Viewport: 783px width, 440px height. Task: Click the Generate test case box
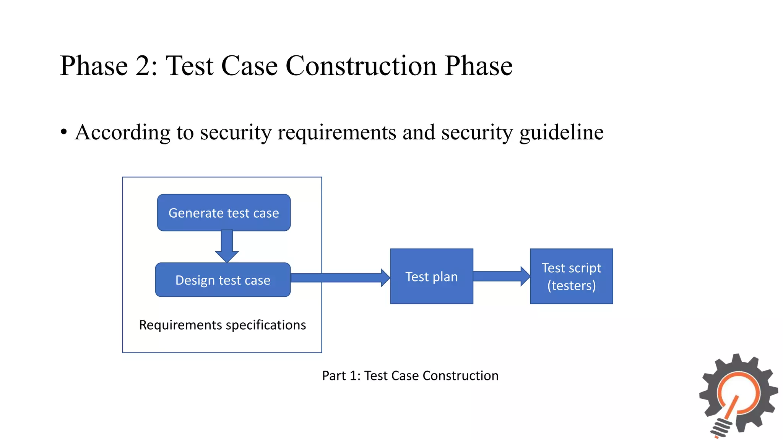(224, 213)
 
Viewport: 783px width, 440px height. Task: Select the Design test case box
(223, 280)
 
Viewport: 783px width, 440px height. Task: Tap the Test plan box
(432, 277)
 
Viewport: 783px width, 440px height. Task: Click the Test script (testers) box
(571, 276)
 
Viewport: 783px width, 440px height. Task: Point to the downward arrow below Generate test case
(227, 246)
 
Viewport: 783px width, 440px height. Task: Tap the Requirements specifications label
(223, 325)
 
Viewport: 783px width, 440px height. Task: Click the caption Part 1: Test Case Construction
(410, 376)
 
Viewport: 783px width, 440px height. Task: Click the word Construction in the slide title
(361, 66)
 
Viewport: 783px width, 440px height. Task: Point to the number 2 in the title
(143, 66)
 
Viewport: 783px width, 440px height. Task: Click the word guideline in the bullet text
(561, 133)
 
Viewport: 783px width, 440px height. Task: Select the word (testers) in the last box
(571, 286)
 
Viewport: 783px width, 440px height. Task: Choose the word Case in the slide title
(249, 66)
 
